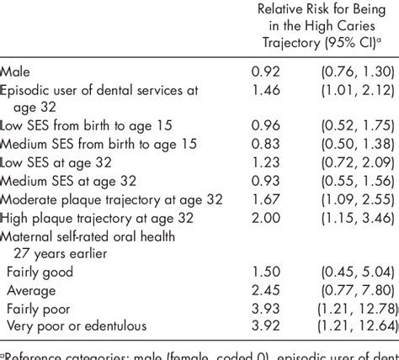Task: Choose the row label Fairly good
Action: [x=40, y=271]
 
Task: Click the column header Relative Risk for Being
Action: [x=317, y=9]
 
